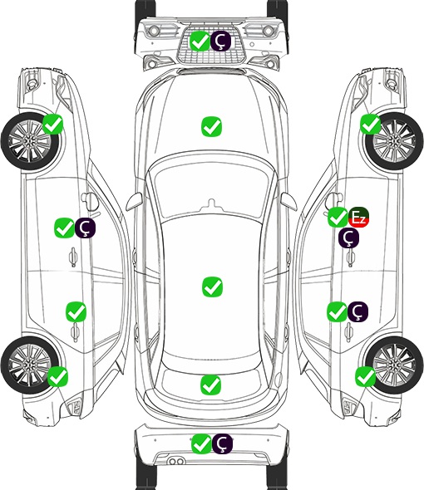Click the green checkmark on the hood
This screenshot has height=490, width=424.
[212, 126]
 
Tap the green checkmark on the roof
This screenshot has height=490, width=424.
[212, 287]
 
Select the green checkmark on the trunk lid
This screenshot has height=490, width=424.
[211, 385]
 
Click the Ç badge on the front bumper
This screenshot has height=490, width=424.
[220, 41]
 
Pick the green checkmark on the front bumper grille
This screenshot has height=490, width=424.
[200, 41]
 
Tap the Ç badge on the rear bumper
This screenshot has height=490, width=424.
[222, 443]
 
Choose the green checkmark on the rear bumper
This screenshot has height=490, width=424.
[201, 443]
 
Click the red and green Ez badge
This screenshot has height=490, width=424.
[359, 218]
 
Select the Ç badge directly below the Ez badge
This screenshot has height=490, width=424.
[348, 238]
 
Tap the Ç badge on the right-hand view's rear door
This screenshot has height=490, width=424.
[358, 311]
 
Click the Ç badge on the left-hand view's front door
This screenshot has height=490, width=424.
[85, 228]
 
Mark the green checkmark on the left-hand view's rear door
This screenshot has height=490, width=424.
[76, 311]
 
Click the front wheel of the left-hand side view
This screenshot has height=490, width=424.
[30, 141]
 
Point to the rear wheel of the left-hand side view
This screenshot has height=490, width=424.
[30, 365]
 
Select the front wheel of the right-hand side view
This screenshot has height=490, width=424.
[394, 141]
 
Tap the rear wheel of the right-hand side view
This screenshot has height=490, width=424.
[394, 365]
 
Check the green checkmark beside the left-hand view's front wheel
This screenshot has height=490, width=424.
[53, 124]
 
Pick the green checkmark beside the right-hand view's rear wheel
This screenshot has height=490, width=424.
[366, 376]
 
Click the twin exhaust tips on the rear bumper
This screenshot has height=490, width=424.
[176, 462]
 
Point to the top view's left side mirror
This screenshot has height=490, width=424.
[134, 202]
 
